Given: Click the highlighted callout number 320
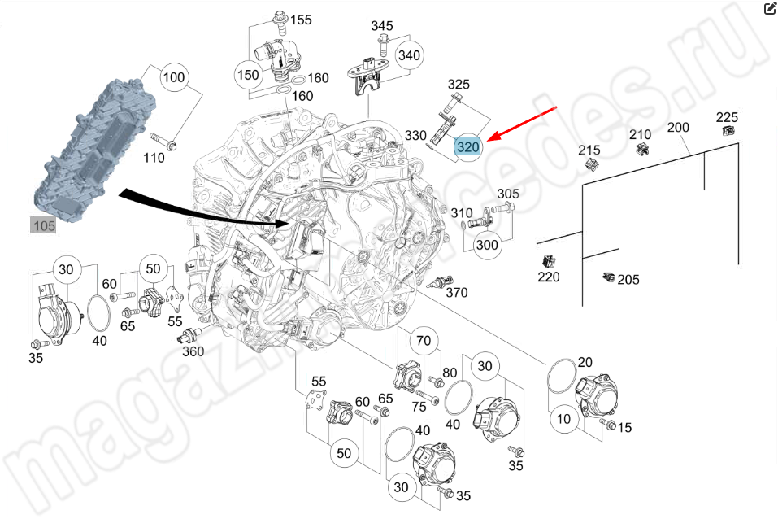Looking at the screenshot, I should tap(468, 148).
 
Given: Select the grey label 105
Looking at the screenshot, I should tap(43, 225).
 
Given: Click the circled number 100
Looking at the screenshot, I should tap(174, 79).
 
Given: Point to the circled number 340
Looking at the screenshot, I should tap(410, 55).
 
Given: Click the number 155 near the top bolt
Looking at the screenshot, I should tap(301, 20).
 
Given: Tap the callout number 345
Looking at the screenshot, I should tap(382, 26).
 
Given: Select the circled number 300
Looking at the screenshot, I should tap(487, 245).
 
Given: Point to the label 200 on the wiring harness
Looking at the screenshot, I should tap(678, 128).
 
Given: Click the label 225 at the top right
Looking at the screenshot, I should tap(727, 117).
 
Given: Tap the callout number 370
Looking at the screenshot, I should tap(457, 293).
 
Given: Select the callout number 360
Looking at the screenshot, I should tap(193, 351).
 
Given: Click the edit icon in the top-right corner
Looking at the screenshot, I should tap(769, 9).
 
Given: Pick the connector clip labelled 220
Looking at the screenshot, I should tap(548, 262).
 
